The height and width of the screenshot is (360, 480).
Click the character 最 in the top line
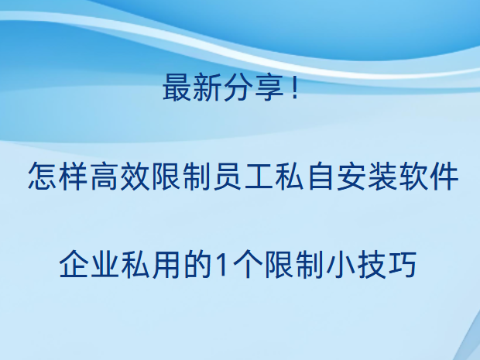pos(177,87)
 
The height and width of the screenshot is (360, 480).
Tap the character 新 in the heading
pos(207,87)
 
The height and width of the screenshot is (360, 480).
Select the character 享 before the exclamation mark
pos(269,87)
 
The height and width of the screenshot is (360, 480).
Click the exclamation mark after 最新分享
pos(295,87)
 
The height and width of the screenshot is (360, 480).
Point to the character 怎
pos(42,177)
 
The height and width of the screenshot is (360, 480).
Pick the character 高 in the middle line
pos(104,177)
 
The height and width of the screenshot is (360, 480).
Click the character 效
pos(135,177)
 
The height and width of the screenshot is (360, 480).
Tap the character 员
pos(228,177)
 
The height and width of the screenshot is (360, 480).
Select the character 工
pos(259,177)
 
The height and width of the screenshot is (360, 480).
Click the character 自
pos(321,177)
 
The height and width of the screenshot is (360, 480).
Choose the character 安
pos(351,177)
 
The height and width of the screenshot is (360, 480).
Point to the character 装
pos(382,177)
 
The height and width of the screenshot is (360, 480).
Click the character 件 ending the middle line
pos(444,177)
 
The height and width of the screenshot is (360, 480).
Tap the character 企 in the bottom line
pos(74,264)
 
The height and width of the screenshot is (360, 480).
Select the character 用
pos(166,264)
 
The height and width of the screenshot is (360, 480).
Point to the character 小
pos(341,264)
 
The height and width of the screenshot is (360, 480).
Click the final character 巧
pos(403,264)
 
